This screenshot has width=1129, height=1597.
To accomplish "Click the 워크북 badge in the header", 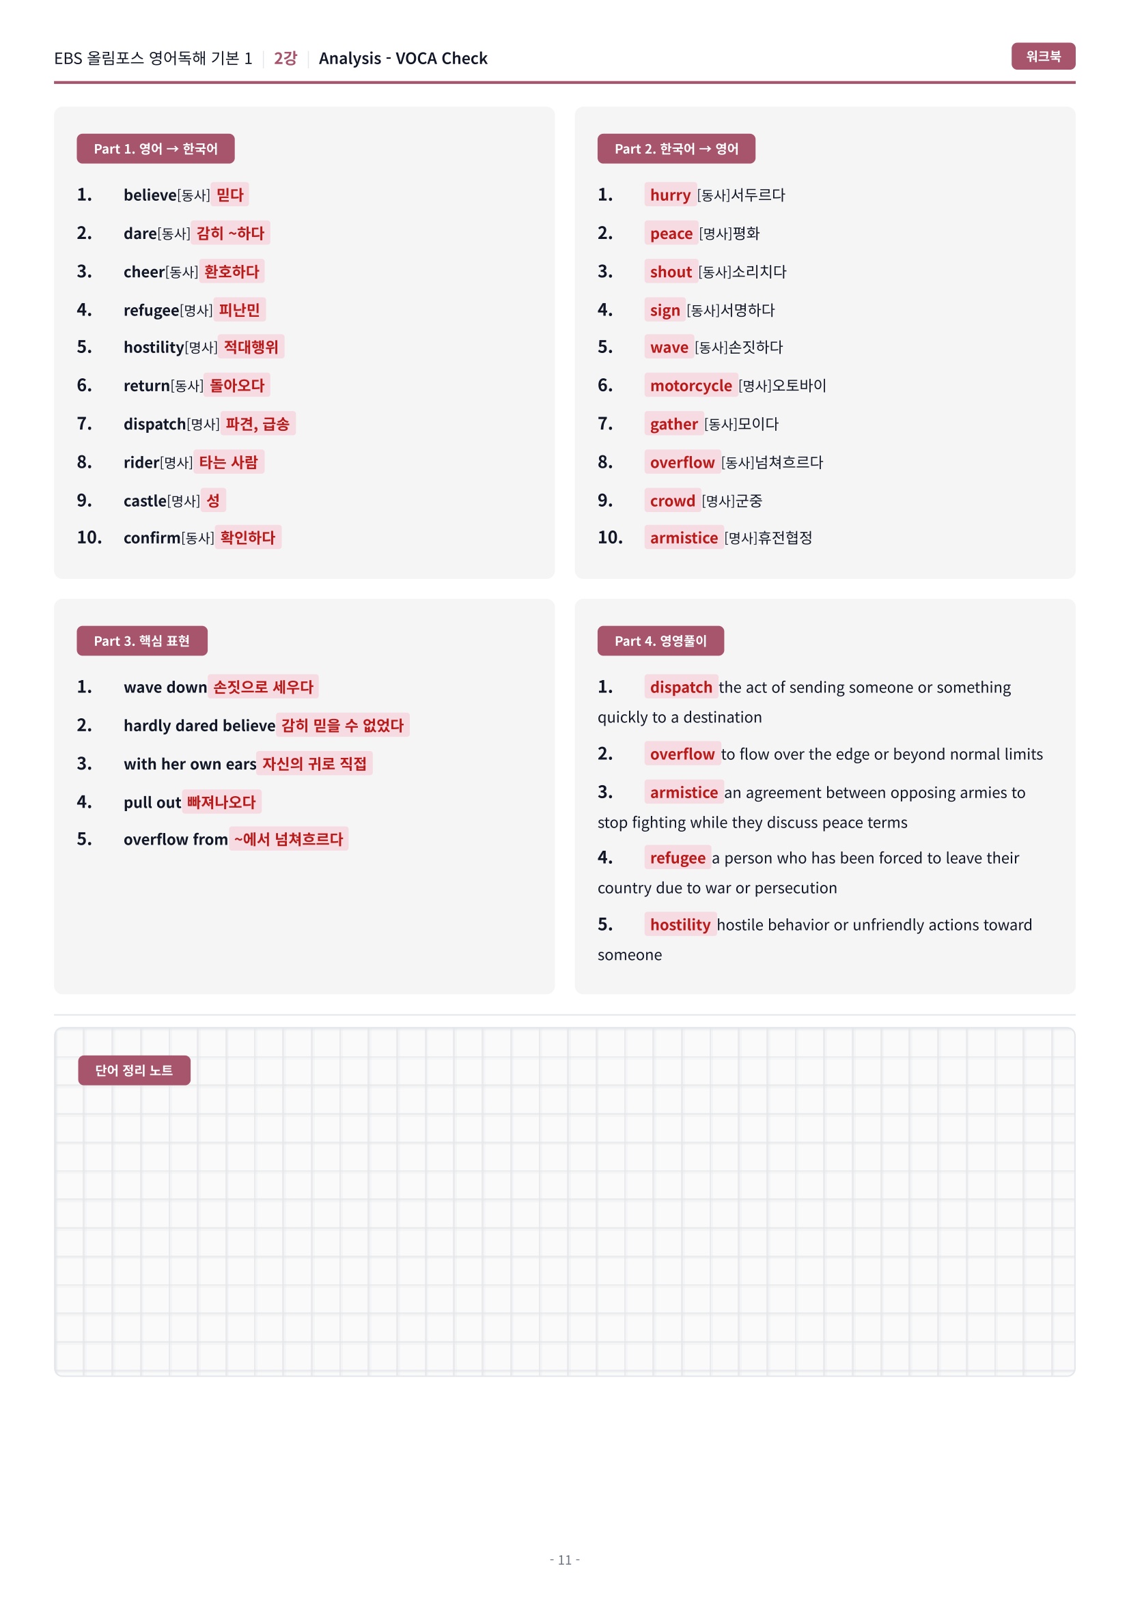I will click(x=1042, y=57).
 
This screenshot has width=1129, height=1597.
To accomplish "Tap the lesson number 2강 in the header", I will click(x=285, y=59).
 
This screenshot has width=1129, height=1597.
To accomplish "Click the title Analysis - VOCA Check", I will click(x=403, y=59).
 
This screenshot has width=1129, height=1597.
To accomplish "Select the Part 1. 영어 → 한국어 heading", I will click(x=155, y=149).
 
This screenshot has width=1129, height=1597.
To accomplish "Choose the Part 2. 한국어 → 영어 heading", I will click(x=675, y=149).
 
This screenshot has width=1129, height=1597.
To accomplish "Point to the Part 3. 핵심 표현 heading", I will click(x=142, y=640).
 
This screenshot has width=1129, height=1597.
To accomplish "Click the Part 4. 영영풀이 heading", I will click(x=660, y=640).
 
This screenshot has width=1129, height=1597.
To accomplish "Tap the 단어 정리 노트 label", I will click(x=134, y=1070).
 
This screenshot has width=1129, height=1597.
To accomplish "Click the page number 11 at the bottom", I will click(x=564, y=1559).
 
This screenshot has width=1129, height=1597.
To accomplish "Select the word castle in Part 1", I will click(x=145, y=500).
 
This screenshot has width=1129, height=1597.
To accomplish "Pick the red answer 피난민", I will click(x=239, y=310).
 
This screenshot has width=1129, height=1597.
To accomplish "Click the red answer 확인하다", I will click(x=248, y=537).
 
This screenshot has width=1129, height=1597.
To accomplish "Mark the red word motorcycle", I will click(x=690, y=386).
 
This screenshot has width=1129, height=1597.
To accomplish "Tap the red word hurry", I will click(x=670, y=195).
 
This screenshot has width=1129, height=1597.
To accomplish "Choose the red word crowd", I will click(x=672, y=500).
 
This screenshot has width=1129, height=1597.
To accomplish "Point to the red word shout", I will click(x=671, y=272).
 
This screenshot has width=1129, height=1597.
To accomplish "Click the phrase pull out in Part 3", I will click(x=152, y=803).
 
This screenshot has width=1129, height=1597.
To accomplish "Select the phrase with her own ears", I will click(x=190, y=765).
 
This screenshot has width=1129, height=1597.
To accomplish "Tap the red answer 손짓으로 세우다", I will click(x=263, y=688).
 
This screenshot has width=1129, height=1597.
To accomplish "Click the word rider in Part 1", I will click(x=141, y=462).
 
